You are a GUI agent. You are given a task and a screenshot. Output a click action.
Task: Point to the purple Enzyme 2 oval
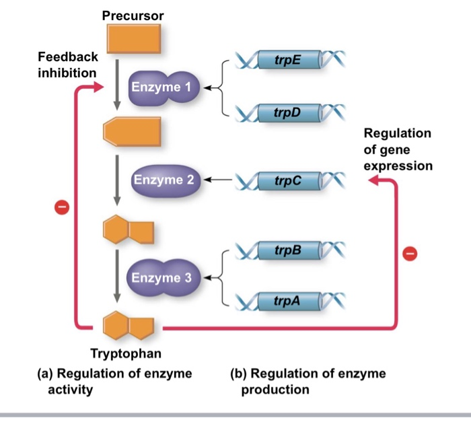[x=164, y=180]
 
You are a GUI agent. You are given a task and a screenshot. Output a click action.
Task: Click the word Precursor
[x=133, y=15]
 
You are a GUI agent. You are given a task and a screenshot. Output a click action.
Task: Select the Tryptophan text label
[x=126, y=353]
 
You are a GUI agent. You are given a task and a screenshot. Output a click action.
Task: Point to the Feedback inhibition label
[x=67, y=64]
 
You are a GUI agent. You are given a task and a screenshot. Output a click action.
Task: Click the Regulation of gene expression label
[x=398, y=149]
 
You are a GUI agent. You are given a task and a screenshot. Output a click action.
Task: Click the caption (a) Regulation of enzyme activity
[x=124, y=380]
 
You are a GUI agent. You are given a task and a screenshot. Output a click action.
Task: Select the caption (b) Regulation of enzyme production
[x=309, y=380]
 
